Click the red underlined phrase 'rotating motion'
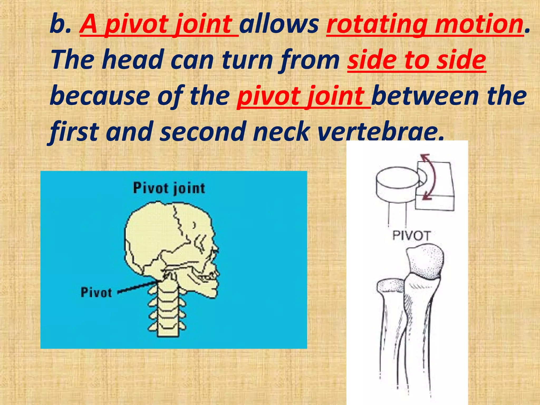coord(425,25)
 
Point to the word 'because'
coord(100,96)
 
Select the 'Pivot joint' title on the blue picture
coord(169,189)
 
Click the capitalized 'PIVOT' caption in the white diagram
coord(412,235)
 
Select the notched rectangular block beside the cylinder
coord(443,190)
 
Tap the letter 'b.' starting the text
coord(60,25)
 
